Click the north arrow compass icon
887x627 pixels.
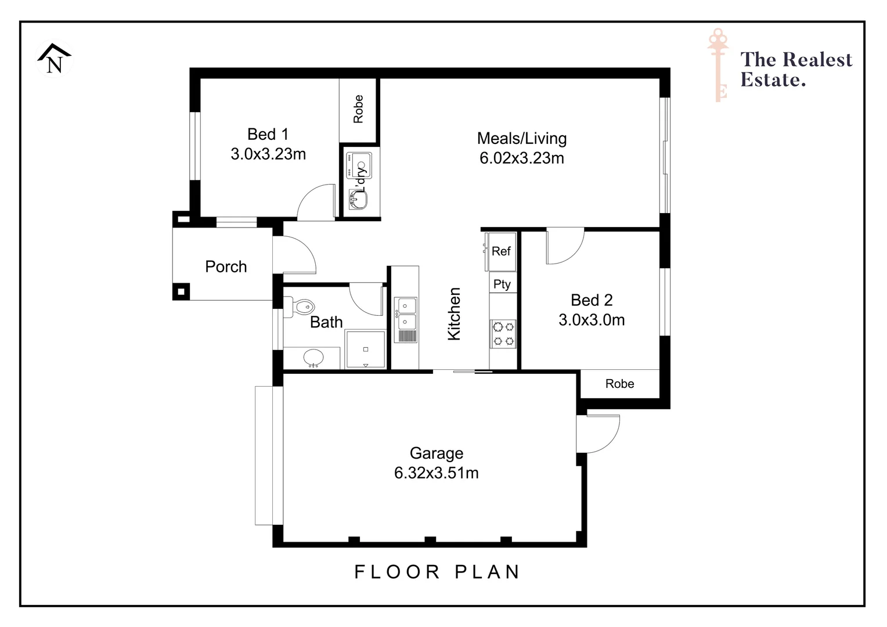[x=55, y=59]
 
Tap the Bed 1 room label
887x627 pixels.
[x=268, y=134]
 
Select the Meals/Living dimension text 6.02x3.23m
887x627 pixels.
[x=521, y=158]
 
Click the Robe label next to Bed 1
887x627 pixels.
[x=358, y=109]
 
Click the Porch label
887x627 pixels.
[x=226, y=266]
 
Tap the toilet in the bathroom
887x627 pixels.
[x=300, y=306]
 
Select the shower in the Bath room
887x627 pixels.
[x=365, y=349]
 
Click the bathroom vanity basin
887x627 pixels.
[x=314, y=358]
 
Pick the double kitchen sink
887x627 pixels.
[x=405, y=313]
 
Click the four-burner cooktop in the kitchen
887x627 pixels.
[x=503, y=334]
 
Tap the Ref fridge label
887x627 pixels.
[x=501, y=251]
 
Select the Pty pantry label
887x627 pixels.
[x=502, y=284]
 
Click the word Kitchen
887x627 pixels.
[x=454, y=314]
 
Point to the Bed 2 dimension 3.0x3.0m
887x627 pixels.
[x=592, y=320]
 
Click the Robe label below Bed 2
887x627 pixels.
[x=619, y=384]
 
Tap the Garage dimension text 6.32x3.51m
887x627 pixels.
[x=436, y=473]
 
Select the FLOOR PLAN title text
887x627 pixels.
[x=437, y=572]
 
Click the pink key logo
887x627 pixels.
[x=719, y=64]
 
